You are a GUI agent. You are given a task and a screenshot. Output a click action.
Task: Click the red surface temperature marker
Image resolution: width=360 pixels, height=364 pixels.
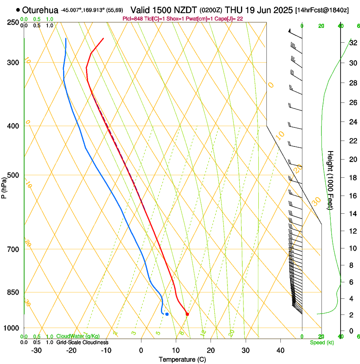pyautogui.click(x=187, y=314)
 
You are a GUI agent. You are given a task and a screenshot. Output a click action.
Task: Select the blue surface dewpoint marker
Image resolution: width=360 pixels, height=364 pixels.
pyautogui.click(x=167, y=314)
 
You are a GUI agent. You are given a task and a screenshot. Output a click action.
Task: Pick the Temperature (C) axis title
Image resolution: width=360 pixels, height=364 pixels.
pyautogui.click(x=182, y=360)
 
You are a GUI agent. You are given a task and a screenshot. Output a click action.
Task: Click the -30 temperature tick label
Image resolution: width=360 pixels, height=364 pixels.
pyautogui.click(x=36, y=350)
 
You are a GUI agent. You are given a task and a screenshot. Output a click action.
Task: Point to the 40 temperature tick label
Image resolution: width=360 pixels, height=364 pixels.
pyautogui.click(x=280, y=350)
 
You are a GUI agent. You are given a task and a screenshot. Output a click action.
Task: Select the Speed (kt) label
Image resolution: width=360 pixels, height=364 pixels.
pyautogui.click(x=321, y=342)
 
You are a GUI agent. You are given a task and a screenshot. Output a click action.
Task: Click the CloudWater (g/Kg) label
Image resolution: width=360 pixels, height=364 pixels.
pyautogui.click(x=76, y=336)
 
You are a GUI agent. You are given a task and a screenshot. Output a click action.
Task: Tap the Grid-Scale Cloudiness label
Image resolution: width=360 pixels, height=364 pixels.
pyautogui.click(x=82, y=342)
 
